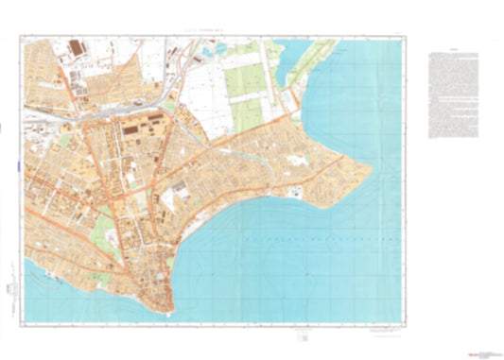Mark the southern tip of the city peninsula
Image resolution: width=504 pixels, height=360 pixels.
click(x=165, y=311)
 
